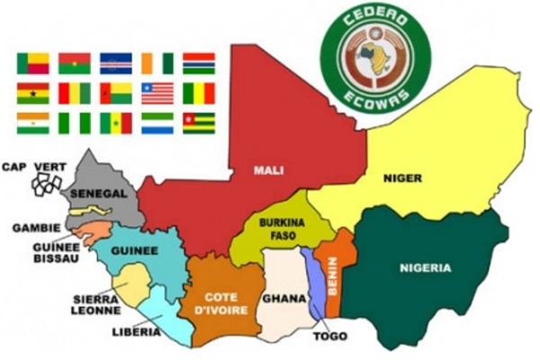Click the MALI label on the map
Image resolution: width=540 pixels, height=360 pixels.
coord(268,168)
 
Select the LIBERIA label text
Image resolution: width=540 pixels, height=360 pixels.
coord(137,331)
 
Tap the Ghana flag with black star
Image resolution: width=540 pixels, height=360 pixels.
coord(32,93)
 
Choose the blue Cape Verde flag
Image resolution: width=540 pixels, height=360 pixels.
coord(116,62)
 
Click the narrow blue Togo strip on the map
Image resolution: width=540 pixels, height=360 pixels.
coord(312,283)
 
